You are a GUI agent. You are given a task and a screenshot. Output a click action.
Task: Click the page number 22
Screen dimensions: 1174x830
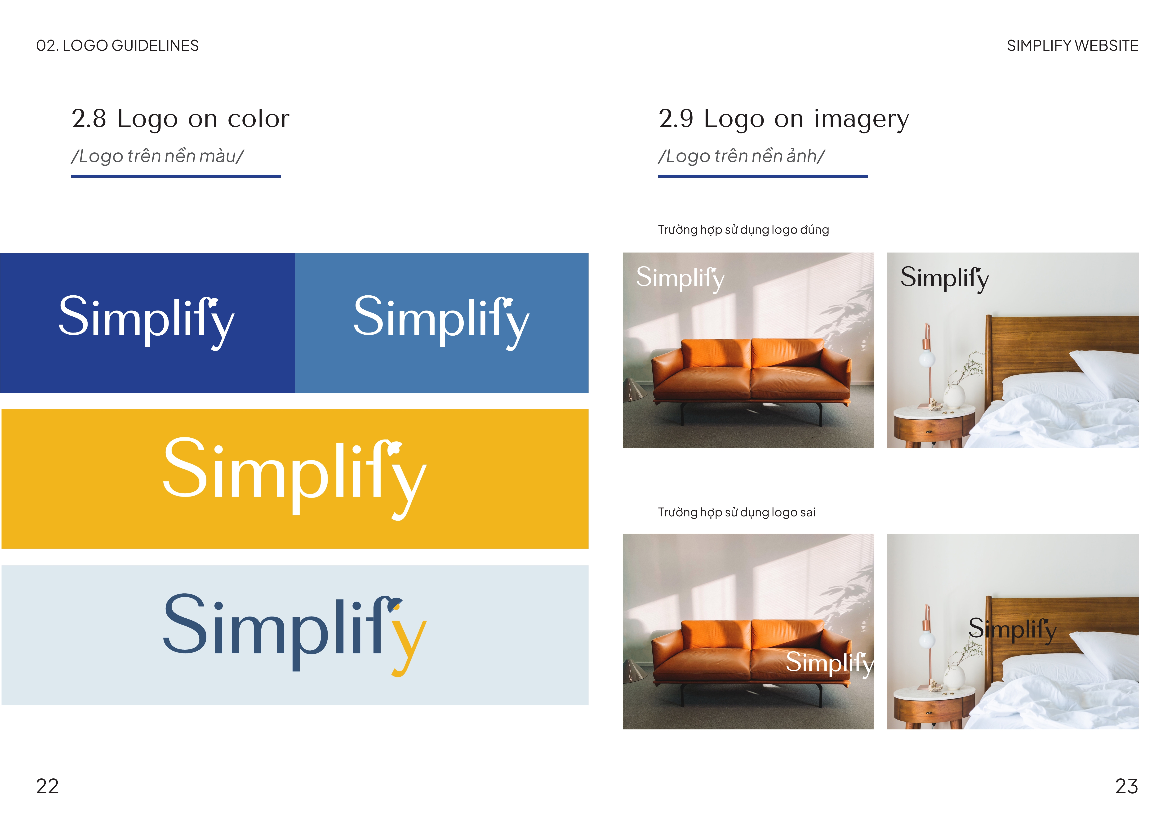coord(48,786)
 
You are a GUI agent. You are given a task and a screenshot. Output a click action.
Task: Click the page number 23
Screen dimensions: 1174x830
coord(1126,786)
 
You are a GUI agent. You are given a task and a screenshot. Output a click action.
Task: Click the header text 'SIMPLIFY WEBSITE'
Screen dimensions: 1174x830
coord(1072,45)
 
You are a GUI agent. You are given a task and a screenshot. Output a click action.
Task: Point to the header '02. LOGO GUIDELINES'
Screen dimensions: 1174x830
coord(117,45)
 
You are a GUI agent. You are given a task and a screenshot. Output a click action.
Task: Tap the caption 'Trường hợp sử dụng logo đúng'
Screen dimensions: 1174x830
coord(743,230)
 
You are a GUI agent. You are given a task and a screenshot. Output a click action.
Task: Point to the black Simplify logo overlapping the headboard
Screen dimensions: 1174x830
coord(1012,630)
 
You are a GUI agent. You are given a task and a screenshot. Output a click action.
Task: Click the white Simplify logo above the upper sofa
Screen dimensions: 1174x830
coord(680,279)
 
